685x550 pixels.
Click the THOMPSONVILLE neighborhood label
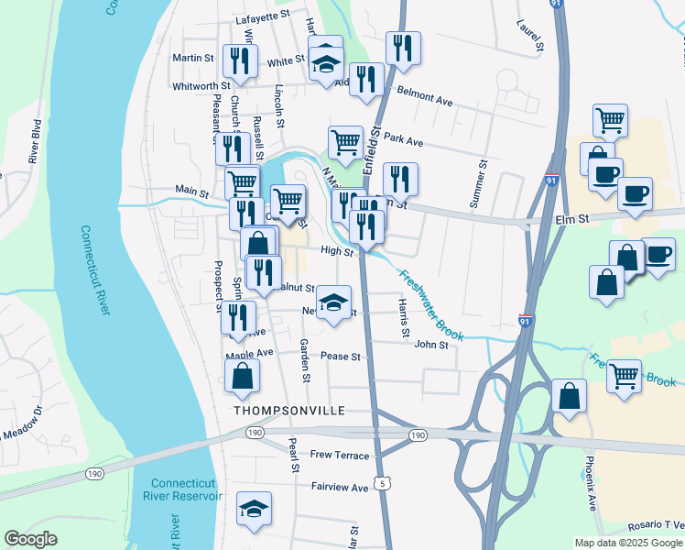288,411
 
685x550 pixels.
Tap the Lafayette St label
262,16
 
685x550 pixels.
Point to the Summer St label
479,181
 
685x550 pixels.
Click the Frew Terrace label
340,456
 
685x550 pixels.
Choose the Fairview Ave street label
339,488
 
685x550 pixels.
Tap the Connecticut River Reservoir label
186,489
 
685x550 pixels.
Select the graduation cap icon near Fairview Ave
255,509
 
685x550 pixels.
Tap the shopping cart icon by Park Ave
345,142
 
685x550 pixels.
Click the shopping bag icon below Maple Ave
241,376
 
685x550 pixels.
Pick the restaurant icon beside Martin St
240,60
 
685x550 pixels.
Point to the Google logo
32,539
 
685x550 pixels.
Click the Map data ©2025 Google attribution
627,543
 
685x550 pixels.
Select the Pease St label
342,356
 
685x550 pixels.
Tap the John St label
431,345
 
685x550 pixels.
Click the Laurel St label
529,35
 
